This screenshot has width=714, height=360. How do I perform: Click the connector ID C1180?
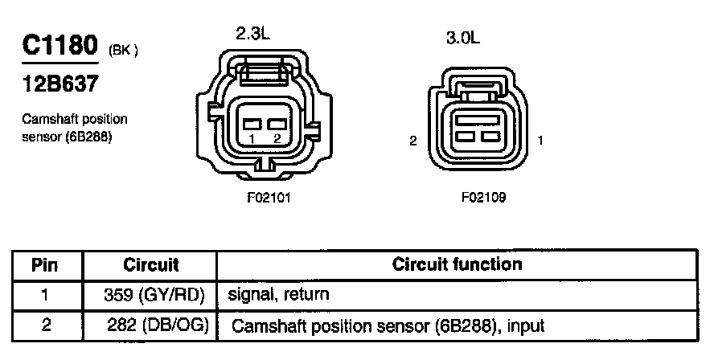pos(60,46)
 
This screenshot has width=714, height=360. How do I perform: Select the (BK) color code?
pos(123,50)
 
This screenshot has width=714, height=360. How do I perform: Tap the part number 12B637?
pos(60,84)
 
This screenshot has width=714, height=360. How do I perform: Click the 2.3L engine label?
pos(252,33)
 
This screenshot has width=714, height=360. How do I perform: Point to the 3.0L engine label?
pos(462,38)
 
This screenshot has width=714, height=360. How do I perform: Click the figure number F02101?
pos(269,198)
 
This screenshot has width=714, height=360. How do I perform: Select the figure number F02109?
pos(483,198)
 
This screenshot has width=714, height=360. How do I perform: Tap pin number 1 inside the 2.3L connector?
pos(252,139)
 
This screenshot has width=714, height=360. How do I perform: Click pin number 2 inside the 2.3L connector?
pos(277,139)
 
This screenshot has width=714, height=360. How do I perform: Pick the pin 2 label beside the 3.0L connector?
pos(413,141)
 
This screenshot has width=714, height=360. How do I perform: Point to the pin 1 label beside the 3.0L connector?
pos(540,141)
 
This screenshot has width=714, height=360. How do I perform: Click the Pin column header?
pos(45,265)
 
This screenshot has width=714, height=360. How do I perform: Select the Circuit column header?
pos(150,265)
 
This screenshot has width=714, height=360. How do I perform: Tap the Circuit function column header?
pos(458,264)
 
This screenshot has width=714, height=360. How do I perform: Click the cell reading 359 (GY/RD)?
pos(154,296)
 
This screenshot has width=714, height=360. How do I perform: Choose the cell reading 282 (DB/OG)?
pos(158,325)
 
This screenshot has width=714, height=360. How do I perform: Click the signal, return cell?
pos(278,294)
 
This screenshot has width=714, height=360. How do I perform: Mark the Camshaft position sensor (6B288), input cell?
pos(388,326)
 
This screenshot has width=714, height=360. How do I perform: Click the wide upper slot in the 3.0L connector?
pos(478,121)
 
